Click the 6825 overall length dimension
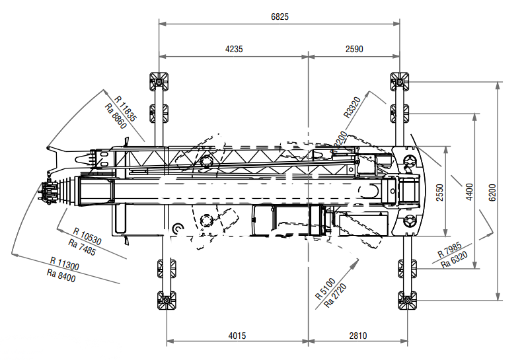pyautogui.click(x=280, y=17)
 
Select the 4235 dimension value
pyautogui.click(x=234, y=49)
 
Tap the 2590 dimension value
pyautogui.click(x=354, y=49)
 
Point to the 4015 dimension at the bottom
pyautogui.click(x=237, y=336)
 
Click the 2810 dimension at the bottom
pyautogui.click(x=358, y=336)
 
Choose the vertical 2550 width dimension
pyautogui.click(x=440, y=192)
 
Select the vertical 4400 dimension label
pyautogui.click(x=470, y=192)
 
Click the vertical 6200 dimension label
pyautogui.click(x=492, y=192)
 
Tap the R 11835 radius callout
pyautogui.click(x=126, y=108)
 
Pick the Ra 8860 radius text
pyautogui.click(x=116, y=116)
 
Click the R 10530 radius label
pyautogui.click(x=87, y=236)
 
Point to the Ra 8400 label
pyautogui.click(x=61, y=275)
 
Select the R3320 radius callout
pyautogui.click(x=352, y=107)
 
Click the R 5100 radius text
pyautogui.click(x=325, y=289)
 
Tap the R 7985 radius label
pyautogui.click(x=450, y=250)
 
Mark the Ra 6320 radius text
pyautogui.click(x=454, y=260)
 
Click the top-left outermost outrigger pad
pyautogui.click(x=159, y=81)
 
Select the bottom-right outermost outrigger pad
pyautogui.click(x=408, y=301)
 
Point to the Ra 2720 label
pyautogui.click(x=335, y=295)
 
